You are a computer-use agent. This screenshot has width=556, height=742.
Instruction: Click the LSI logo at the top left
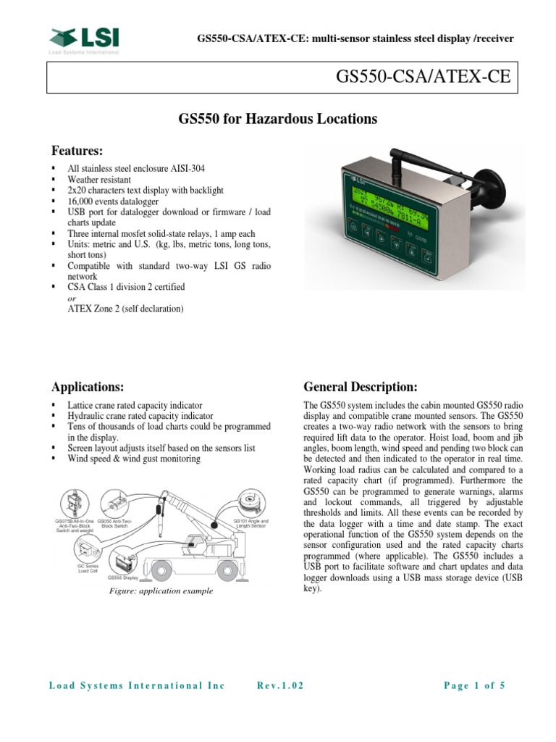pyautogui.click(x=85, y=39)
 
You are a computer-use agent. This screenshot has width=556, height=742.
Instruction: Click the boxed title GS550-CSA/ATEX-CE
pyautogui.click(x=424, y=78)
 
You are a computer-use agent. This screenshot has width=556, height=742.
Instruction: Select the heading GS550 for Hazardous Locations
pyautogui.click(x=278, y=119)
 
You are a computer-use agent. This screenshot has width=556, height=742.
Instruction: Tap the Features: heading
pyautogui.click(x=77, y=151)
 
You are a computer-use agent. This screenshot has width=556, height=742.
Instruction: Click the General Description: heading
pyautogui.click(x=360, y=385)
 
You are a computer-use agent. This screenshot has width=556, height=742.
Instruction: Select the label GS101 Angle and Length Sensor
pyautogui.click(x=250, y=524)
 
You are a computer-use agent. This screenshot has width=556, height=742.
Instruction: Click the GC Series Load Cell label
pyautogui.click(x=88, y=567)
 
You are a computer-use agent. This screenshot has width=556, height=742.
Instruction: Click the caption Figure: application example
pyautogui.click(x=160, y=591)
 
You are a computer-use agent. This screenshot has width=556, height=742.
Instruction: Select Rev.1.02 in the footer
pyautogui.click(x=281, y=685)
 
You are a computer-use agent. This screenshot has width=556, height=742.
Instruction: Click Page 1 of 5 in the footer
pyautogui.click(x=474, y=685)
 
